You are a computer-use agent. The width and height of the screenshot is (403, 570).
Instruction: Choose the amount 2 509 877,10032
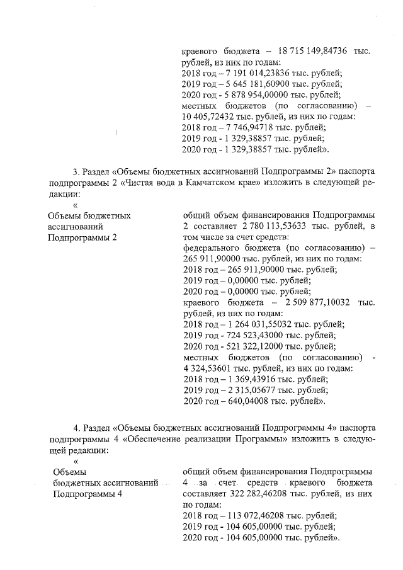click(312, 302)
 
